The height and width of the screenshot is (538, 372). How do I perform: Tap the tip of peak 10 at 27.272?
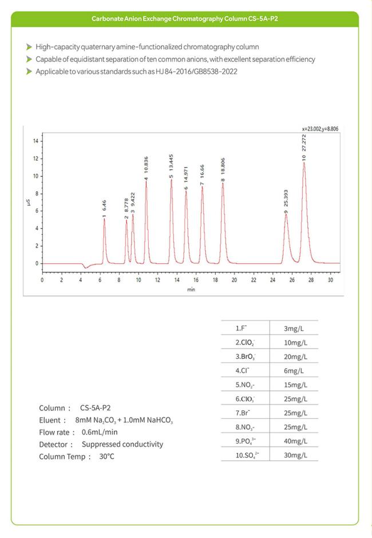[304, 163]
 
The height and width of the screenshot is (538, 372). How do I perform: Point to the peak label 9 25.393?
[286, 202]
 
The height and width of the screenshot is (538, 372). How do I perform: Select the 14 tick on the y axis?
[35, 141]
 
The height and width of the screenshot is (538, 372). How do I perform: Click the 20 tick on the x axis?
[234, 280]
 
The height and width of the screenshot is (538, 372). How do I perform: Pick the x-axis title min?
[191, 290]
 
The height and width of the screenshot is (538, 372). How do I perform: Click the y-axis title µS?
[28, 203]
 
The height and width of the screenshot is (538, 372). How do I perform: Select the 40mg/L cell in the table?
[296, 441]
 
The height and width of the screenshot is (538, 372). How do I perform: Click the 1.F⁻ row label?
[242, 328]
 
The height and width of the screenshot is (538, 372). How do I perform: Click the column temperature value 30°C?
[106, 456]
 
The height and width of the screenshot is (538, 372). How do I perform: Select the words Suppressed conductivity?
[122, 444]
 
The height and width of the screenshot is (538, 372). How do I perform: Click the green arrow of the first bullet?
[29, 47]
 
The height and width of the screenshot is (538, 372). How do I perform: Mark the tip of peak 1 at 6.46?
[104, 219]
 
